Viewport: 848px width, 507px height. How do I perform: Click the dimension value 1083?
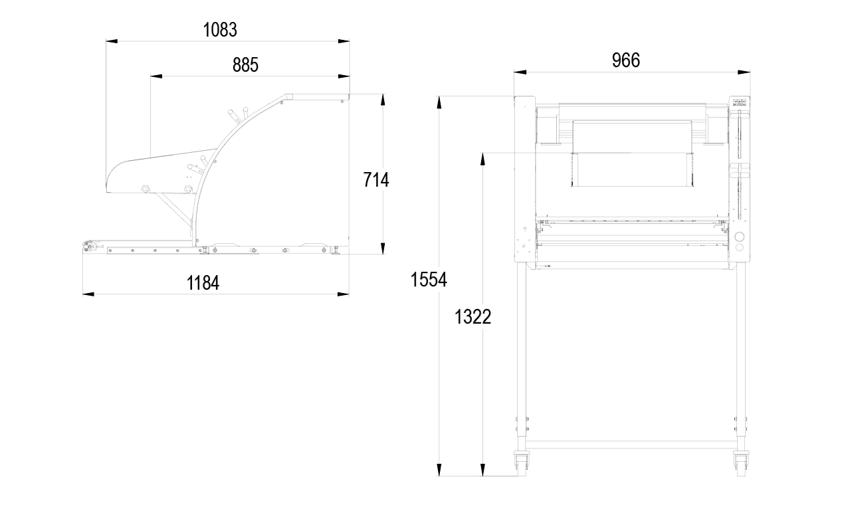pyautogui.click(x=220, y=29)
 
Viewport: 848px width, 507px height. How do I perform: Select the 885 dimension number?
pyautogui.click(x=245, y=64)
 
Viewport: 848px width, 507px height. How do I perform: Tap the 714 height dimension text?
pyautogui.click(x=376, y=179)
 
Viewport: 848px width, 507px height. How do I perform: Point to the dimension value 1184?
pyautogui.click(x=203, y=283)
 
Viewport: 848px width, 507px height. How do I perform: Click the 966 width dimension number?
pyautogui.click(x=626, y=60)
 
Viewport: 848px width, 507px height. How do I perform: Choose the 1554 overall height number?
pyautogui.click(x=429, y=280)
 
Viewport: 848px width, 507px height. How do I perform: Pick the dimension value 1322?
pyautogui.click(x=473, y=317)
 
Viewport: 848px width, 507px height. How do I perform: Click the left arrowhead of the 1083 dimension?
pyautogui.click(x=112, y=41)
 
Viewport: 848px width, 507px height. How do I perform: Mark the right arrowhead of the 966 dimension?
pyautogui.click(x=744, y=72)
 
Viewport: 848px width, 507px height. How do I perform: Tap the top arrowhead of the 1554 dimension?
pyautogui.click(x=439, y=102)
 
